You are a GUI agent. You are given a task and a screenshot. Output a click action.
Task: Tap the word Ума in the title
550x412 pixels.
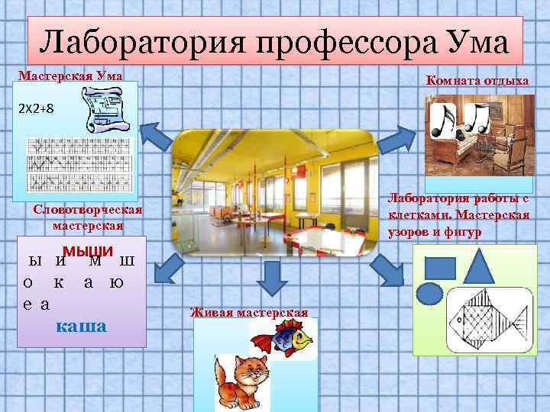click(474, 43)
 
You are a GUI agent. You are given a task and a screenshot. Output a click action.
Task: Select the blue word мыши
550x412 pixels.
click(88, 253)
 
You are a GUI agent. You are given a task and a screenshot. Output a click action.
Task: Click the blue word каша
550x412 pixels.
click(82, 326)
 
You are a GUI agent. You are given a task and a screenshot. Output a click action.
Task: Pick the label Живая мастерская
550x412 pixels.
click(248, 311)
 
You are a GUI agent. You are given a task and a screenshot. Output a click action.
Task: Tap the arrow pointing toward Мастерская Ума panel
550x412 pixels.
click(157, 137)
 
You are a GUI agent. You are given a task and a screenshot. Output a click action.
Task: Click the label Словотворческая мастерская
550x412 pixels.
click(89, 217)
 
